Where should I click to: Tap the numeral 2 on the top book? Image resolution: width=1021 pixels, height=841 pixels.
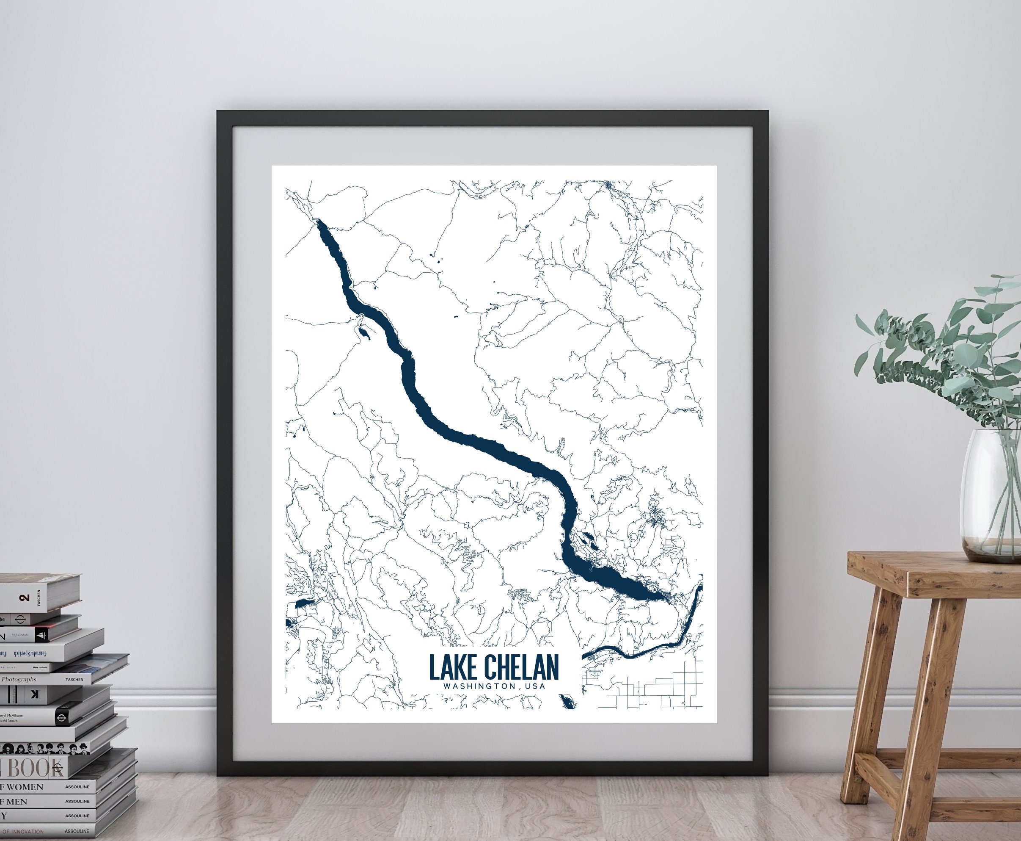(x=25, y=598)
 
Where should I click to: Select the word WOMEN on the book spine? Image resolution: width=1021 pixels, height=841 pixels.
(x=25, y=787)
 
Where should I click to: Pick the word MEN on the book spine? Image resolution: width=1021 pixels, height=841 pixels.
(x=17, y=801)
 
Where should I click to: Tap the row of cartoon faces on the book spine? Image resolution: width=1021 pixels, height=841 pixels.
(x=44, y=748)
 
